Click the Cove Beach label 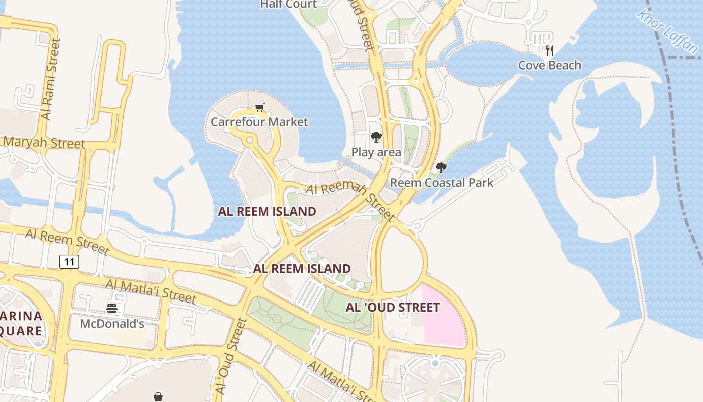tap(549, 65)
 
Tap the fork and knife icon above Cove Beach tap(550, 50)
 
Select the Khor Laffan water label tap(667, 31)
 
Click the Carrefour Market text tap(259, 122)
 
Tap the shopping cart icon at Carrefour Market tap(259, 107)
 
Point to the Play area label tap(376, 152)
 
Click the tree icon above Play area tap(376, 137)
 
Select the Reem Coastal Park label tap(442, 183)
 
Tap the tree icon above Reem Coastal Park tap(441, 168)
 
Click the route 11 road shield tap(69, 261)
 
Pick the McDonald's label tap(112, 323)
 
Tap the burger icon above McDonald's tap(112, 308)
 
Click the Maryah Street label tap(44, 143)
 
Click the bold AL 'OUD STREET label tap(393, 307)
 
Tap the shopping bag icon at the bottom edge tap(158, 397)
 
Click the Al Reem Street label tap(67, 241)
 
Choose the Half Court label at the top tap(288, 5)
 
